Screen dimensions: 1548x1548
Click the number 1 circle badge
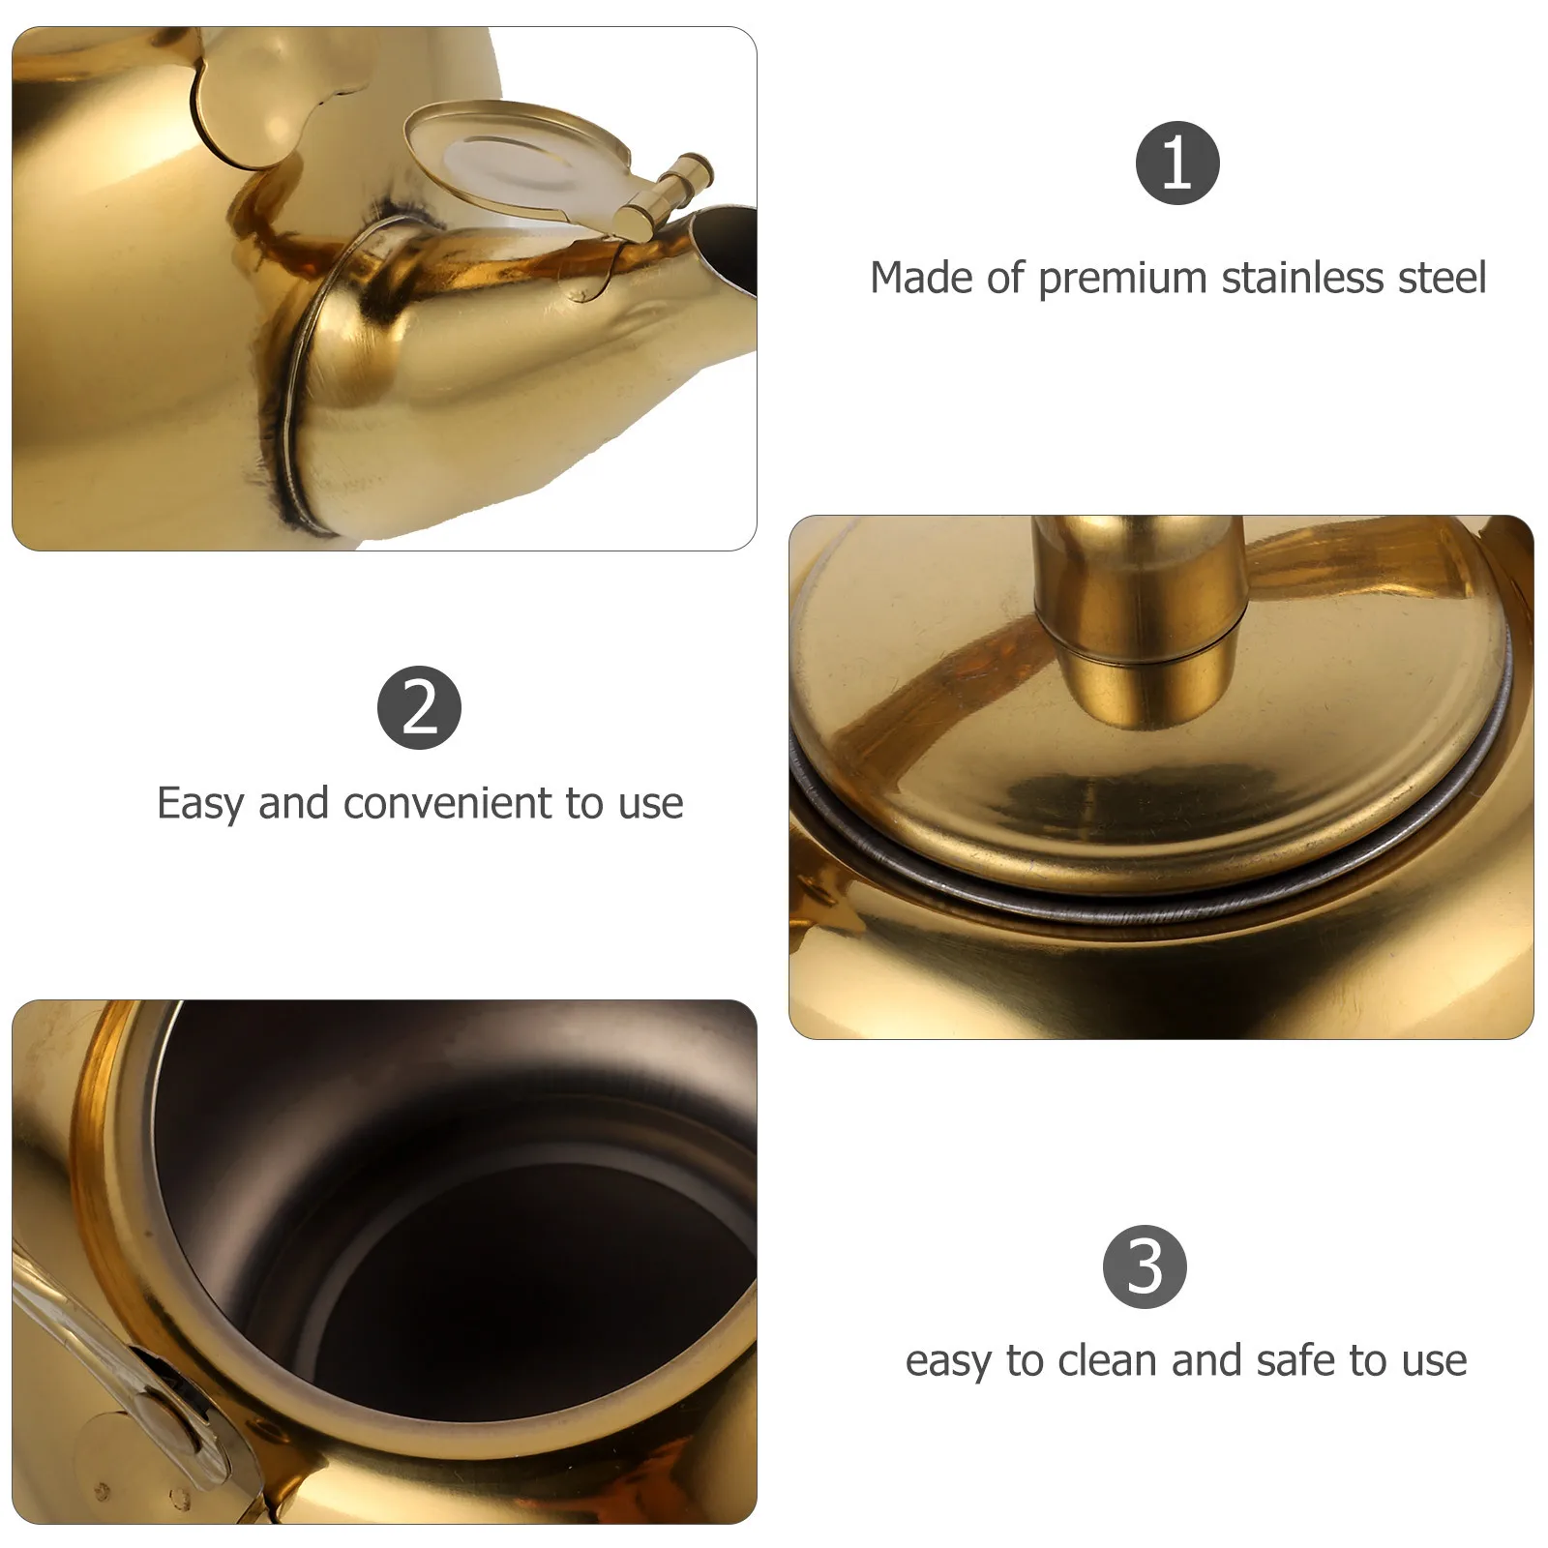[x=1176, y=163]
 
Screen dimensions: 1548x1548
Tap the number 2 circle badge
[x=419, y=707]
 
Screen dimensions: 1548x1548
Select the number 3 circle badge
[x=1145, y=1266]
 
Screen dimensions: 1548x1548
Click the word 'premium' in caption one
[x=1123, y=279]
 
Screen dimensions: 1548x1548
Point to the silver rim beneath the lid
[x=1161, y=905]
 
